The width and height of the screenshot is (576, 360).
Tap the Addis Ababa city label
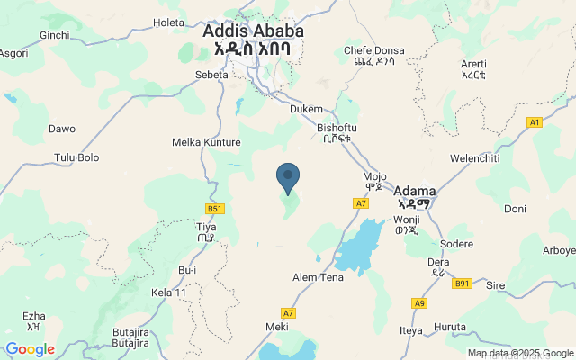pos(253,31)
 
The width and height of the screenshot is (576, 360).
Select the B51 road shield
pos(214,209)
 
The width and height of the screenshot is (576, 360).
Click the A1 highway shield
pos(535,121)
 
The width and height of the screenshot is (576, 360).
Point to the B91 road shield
pos(462,283)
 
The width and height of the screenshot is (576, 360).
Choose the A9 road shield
pos(418,302)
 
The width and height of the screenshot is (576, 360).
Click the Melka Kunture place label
pos(206,142)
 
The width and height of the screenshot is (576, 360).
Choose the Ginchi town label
pos(55,35)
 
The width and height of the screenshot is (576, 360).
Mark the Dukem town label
pos(306,109)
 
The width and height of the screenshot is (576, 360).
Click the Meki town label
pos(277,326)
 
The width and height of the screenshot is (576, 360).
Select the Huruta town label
pos(450,326)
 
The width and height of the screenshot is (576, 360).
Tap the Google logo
pos(30,349)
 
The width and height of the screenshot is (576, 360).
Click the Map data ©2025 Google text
pos(520,353)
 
